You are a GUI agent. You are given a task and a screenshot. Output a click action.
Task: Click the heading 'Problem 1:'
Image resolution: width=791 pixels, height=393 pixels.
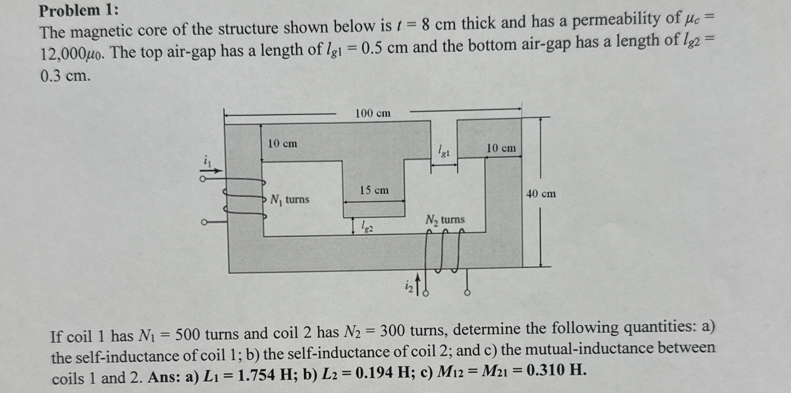(x=79, y=11)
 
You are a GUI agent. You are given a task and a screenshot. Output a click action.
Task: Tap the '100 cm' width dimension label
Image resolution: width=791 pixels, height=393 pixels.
(x=373, y=114)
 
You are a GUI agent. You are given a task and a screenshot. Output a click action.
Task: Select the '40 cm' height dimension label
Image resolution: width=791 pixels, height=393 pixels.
(x=541, y=194)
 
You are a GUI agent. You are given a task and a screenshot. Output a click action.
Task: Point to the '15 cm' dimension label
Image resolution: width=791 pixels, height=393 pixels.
(x=374, y=190)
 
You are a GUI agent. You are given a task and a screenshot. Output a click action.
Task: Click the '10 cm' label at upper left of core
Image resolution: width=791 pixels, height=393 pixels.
(x=283, y=144)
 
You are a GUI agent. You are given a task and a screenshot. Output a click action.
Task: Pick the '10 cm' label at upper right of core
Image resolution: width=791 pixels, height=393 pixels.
(x=501, y=148)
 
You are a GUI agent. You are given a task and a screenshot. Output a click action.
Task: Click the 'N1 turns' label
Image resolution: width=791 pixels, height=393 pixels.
(x=290, y=199)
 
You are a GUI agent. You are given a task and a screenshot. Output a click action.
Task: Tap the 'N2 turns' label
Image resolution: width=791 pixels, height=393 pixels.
(x=445, y=220)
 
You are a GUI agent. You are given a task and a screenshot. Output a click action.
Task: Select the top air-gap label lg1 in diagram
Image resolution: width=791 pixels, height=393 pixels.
(x=444, y=151)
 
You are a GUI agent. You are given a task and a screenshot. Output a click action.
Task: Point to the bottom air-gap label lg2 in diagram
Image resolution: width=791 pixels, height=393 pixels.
(x=367, y=226)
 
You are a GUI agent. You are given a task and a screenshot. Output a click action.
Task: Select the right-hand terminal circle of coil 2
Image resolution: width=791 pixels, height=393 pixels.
(x=467, y=292)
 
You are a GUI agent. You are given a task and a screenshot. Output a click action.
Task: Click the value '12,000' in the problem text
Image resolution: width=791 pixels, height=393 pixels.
(x=63, y=53)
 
